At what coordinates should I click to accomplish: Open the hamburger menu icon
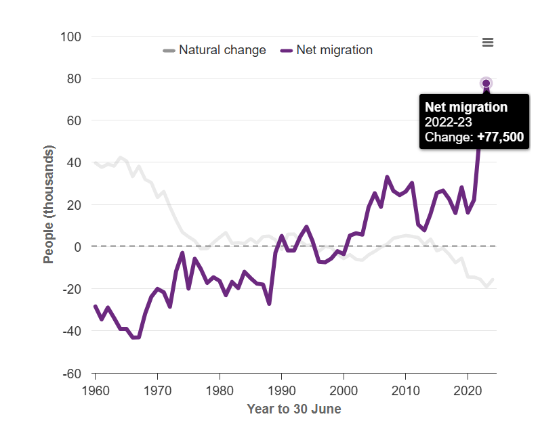coord(487,43)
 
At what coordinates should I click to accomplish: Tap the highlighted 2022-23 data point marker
coord(486,83)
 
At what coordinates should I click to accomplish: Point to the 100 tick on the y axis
coord(71,37)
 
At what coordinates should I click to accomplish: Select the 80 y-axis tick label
coord(74,79)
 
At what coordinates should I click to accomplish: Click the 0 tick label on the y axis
coord(77,247)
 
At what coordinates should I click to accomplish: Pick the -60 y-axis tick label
coord(71,374)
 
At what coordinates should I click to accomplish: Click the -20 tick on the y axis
coord(71,289)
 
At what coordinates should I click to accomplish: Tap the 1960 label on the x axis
coord(95,390)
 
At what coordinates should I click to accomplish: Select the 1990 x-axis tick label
coord(281,390)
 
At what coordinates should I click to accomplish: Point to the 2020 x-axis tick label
coord(468,390)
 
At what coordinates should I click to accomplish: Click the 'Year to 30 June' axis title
coord(294,409)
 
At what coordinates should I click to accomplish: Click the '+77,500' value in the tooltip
coord(500,137)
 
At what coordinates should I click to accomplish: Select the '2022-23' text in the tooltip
coord(448,122)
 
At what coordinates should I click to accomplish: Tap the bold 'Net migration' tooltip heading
coord(465,107)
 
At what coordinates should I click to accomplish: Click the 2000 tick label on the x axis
coord(344,390)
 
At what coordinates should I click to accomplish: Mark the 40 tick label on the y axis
coord(74,163)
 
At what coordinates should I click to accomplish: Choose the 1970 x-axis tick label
coord(157,390)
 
